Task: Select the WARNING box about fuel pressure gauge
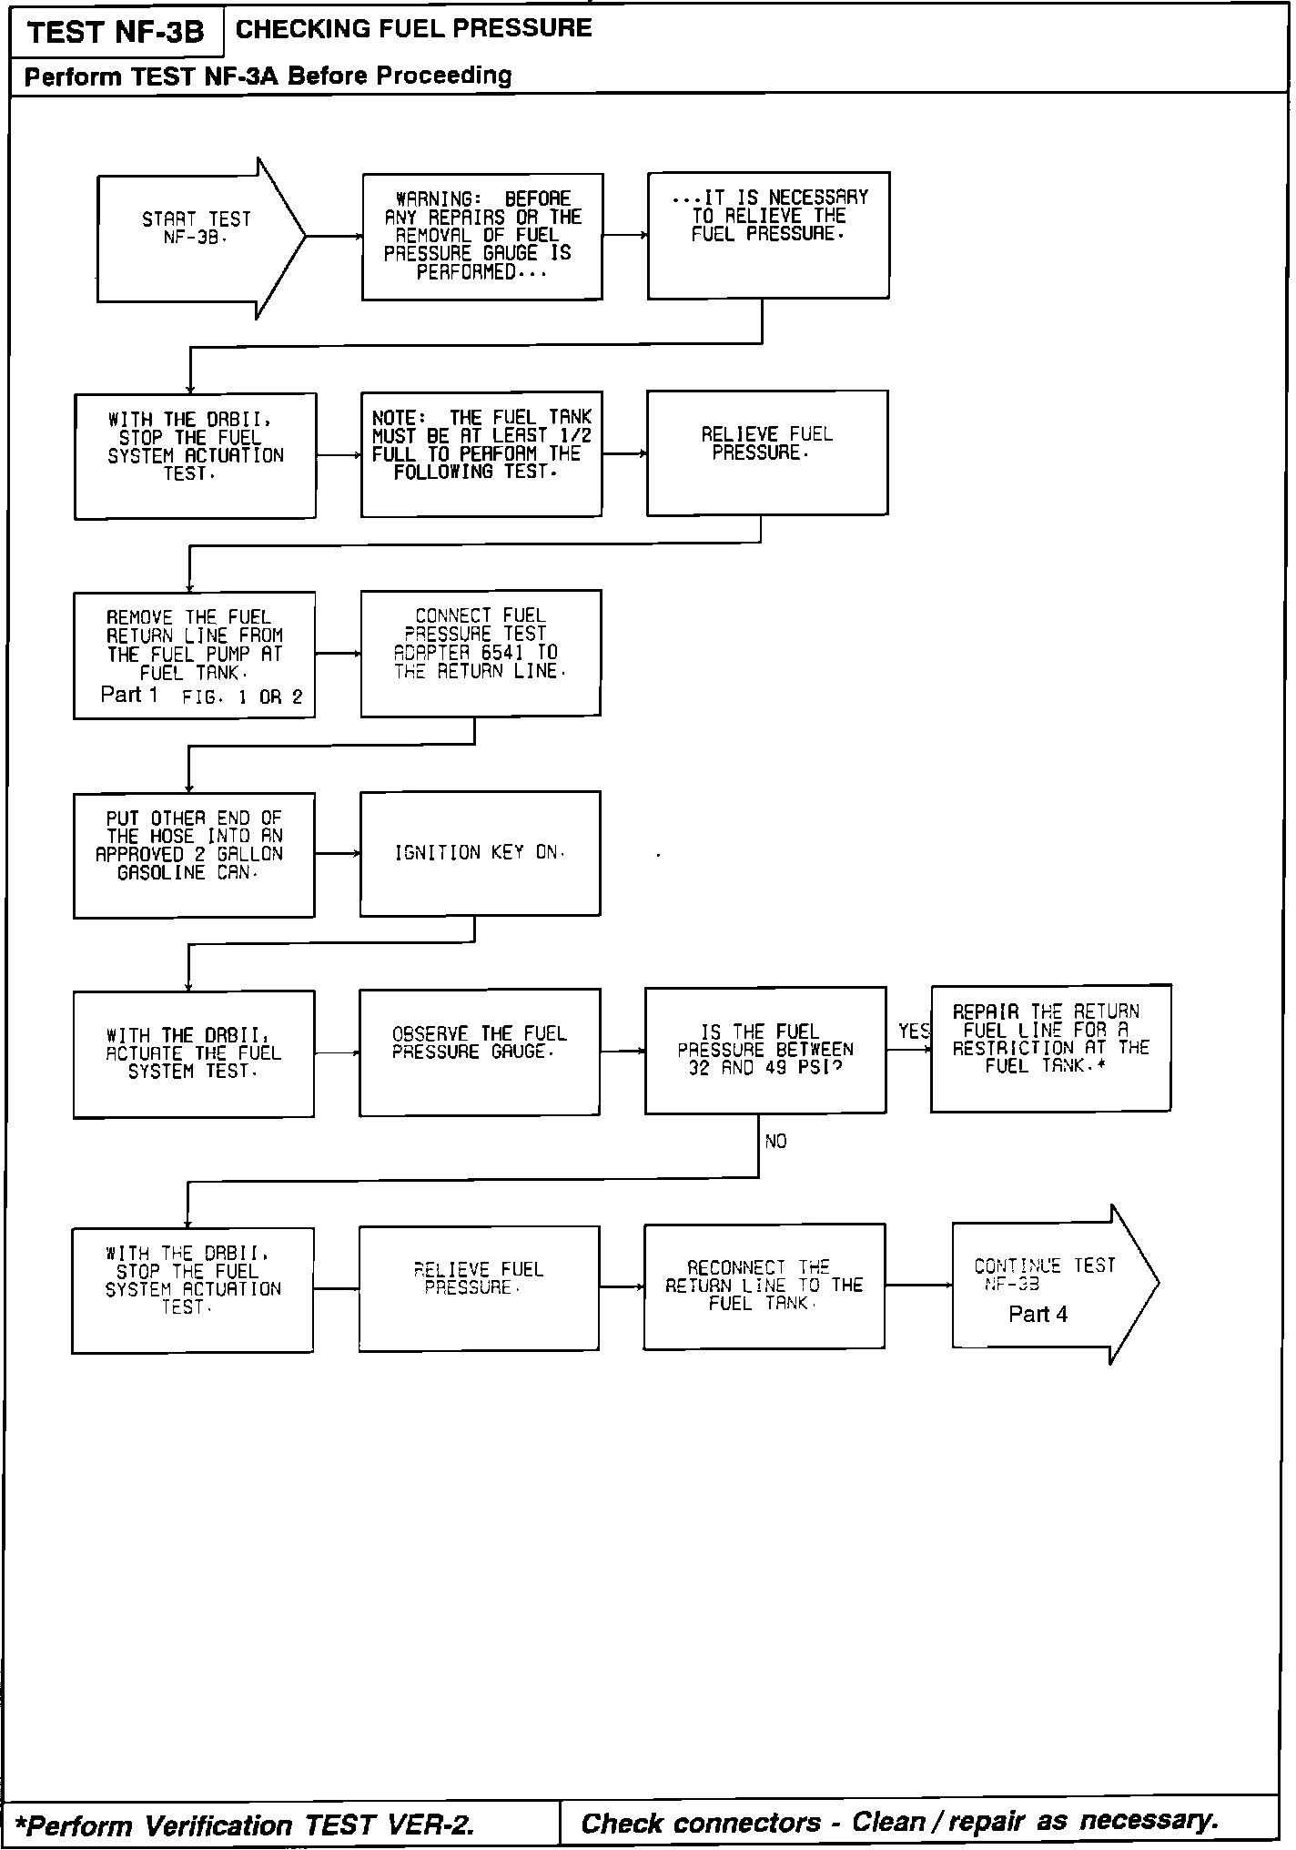[481, 237]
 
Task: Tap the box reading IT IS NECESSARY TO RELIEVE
[768, 235]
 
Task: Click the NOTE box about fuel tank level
[481, 453]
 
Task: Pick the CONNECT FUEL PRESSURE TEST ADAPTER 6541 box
[480, 653]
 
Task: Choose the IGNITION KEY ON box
[480, 853]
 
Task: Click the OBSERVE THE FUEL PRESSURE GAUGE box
[479, 1052]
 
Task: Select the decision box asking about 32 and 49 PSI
[764, 1050]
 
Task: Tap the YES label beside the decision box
[913, 1031]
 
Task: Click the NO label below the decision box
[775, 1141]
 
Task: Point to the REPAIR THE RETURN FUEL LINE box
[1050, 1048]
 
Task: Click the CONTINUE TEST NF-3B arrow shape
[1047, 1284]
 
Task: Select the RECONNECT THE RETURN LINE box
[764, 1286]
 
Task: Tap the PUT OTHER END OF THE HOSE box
[194, 854]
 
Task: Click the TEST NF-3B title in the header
[116, 33]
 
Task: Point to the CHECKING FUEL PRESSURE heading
[413, 28]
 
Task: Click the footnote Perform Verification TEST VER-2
[246, 1825]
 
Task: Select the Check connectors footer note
[899, 1822]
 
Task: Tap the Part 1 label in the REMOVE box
[129, 695]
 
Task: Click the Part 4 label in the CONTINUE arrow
[1038, 1314]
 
